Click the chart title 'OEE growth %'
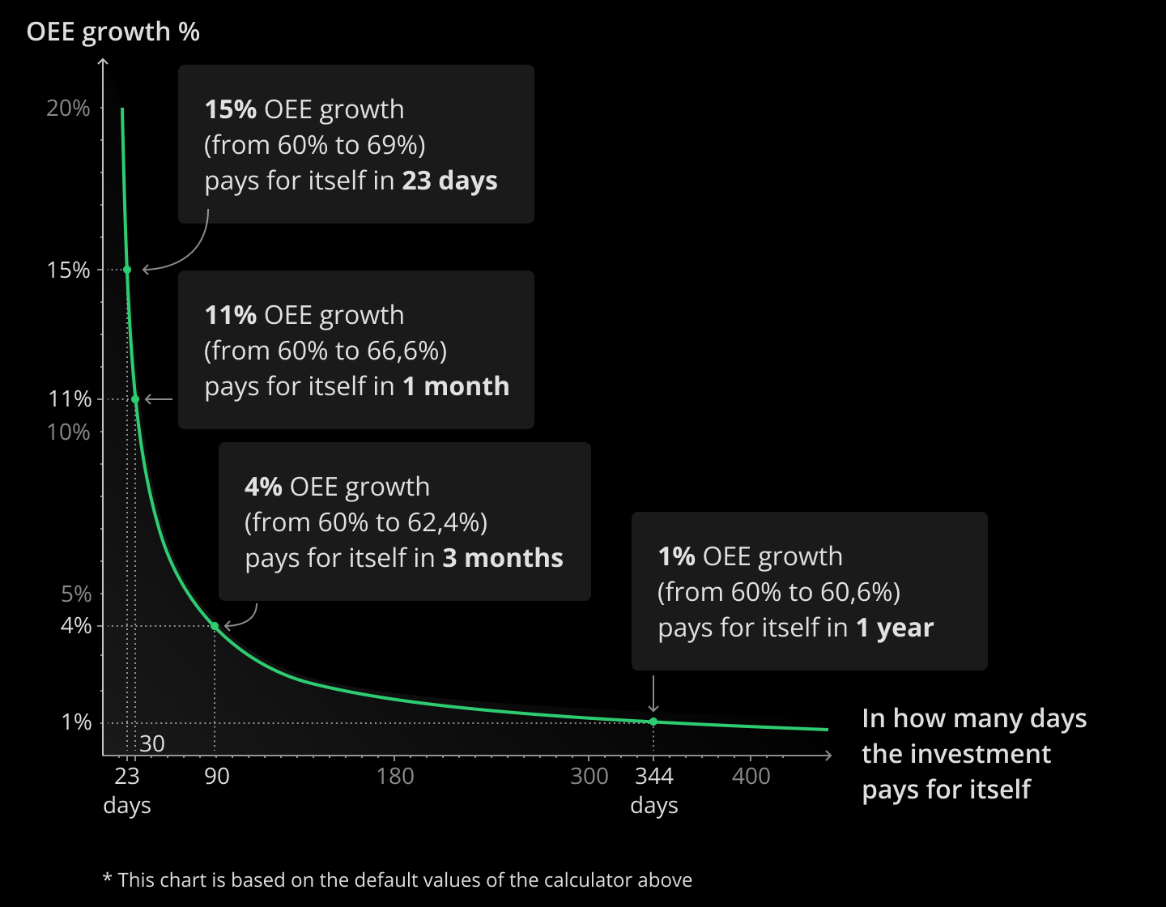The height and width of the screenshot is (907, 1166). click(x=113, y=32)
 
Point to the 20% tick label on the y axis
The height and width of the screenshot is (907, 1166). click(x=68, y=109)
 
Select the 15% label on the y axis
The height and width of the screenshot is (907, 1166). click(x=69, y=270)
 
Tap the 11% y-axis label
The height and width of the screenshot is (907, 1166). click(x=70, y=399)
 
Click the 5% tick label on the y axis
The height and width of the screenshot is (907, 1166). click(x=76, y=594)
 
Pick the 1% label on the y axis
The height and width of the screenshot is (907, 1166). click(x=76, y=722)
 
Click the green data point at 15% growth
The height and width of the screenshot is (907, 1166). click(x=127, y=270)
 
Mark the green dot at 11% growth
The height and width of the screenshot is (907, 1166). click(x=135, y=399)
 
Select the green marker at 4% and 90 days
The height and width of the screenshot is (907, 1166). click(x=215, y=626)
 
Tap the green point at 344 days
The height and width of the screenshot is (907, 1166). click(x=653, y=722)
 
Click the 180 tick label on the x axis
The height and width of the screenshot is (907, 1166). click(x=395, y=777)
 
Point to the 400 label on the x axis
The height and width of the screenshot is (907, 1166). click(x=751, y=777)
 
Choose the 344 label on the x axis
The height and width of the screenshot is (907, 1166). click(x=654, y=777)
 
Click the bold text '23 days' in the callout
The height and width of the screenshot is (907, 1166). click(x=449, y=181)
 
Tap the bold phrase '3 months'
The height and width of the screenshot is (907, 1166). click(x=502, y=558)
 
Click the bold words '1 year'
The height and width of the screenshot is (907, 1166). click(x=895, y=628)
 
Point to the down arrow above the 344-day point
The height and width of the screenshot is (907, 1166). click(x=653, y=695)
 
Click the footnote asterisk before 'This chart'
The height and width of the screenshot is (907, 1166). click(x=107, y=879)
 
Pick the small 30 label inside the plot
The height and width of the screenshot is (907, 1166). click(x=152, y=743)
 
